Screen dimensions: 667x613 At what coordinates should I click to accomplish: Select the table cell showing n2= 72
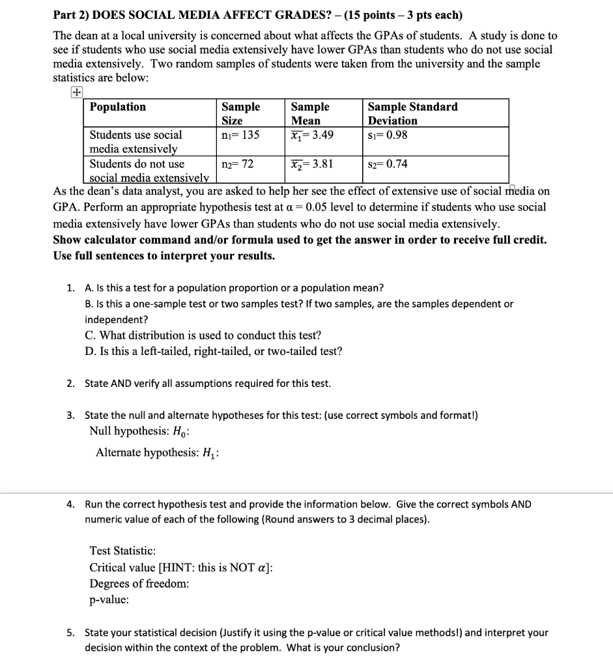237,164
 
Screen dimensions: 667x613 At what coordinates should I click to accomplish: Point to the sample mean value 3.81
312,164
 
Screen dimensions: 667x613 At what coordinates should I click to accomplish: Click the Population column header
118,107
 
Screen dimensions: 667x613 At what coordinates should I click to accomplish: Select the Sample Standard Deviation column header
412,113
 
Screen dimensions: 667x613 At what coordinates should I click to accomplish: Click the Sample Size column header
240,113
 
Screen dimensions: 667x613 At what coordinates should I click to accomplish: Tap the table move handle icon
77,93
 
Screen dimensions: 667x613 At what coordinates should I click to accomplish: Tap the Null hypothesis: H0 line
143,431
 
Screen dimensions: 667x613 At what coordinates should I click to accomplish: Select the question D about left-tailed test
213,352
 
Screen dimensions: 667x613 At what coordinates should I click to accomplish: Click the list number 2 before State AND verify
70,384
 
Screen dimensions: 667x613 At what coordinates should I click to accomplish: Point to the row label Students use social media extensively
135,142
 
